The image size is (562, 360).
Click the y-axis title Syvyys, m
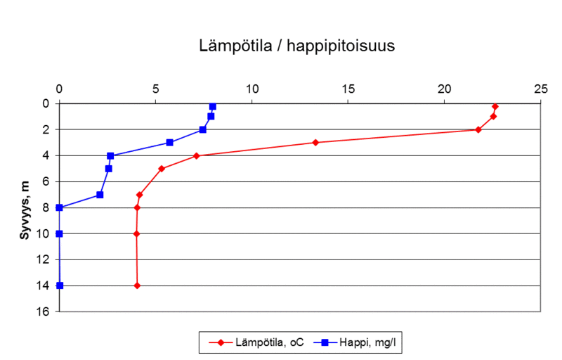click(x=25, y=209)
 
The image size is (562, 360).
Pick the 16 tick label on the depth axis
click(x=44, y=311)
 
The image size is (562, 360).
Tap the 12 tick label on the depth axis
click(x=44, y=259)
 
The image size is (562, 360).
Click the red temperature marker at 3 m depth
click(x=315, y=143)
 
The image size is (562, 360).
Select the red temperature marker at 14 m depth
click(x=137, y=285)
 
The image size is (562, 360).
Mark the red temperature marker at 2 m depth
click(x=478, y=129)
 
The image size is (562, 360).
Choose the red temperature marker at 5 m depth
click(x=162, y=169)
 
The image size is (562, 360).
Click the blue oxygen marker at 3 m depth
click(x=169, y=143)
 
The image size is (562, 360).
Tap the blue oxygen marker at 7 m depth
click(x=100, y=195)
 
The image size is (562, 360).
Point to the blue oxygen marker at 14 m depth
click(x=60, y=285)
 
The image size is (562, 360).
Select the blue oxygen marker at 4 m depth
click(x=110, y=155)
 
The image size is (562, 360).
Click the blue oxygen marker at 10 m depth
click(x=59, y=233)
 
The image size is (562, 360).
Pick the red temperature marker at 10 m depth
click(x=136, y=233)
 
